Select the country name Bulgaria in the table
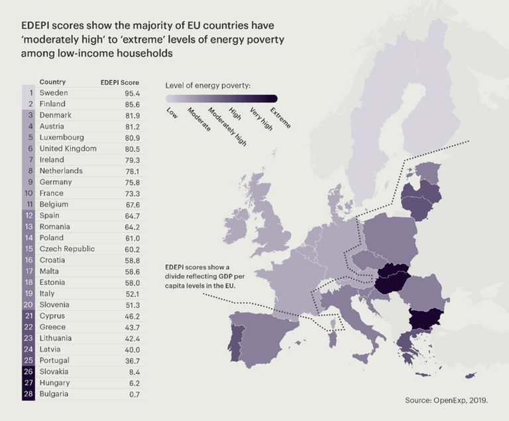(53, 394)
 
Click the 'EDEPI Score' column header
(119, 82)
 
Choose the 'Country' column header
(52, 82)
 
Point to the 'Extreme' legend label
(280, 117)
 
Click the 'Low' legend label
(172, 112)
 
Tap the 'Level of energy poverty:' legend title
(211, 86)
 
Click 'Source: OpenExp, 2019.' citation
(450, 400)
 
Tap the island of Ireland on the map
(234, 223)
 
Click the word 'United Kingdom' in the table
(68, 149)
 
